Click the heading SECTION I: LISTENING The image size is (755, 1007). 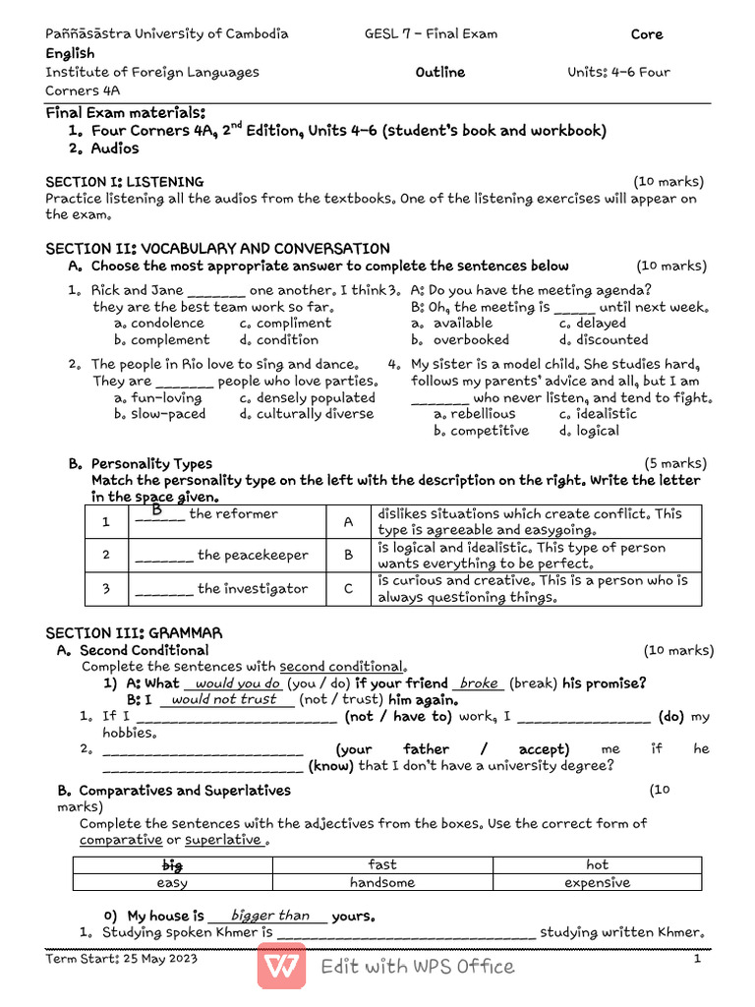[125, 182]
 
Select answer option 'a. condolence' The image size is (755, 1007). [159, 324]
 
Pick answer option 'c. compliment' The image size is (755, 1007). [285, 324]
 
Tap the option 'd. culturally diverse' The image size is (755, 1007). [306, 414]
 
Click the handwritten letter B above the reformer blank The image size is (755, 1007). [155, 508]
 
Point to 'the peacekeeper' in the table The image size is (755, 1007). [253, 556]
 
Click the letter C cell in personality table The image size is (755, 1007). [348, 589]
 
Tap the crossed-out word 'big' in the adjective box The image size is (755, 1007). [172, 865]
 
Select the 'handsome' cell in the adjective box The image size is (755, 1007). [382, 882]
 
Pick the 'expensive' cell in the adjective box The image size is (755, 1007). [597, 882]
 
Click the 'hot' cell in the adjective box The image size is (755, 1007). [597, 865]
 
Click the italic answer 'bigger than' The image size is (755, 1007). [269, 916]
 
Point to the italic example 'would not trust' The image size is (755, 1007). [224, 699]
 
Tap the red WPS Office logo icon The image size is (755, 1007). [281, 966]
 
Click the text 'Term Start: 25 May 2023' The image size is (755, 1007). [122, 959]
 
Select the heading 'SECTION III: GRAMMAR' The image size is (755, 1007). [134, 632]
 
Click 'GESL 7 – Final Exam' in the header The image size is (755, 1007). [431, 34]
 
